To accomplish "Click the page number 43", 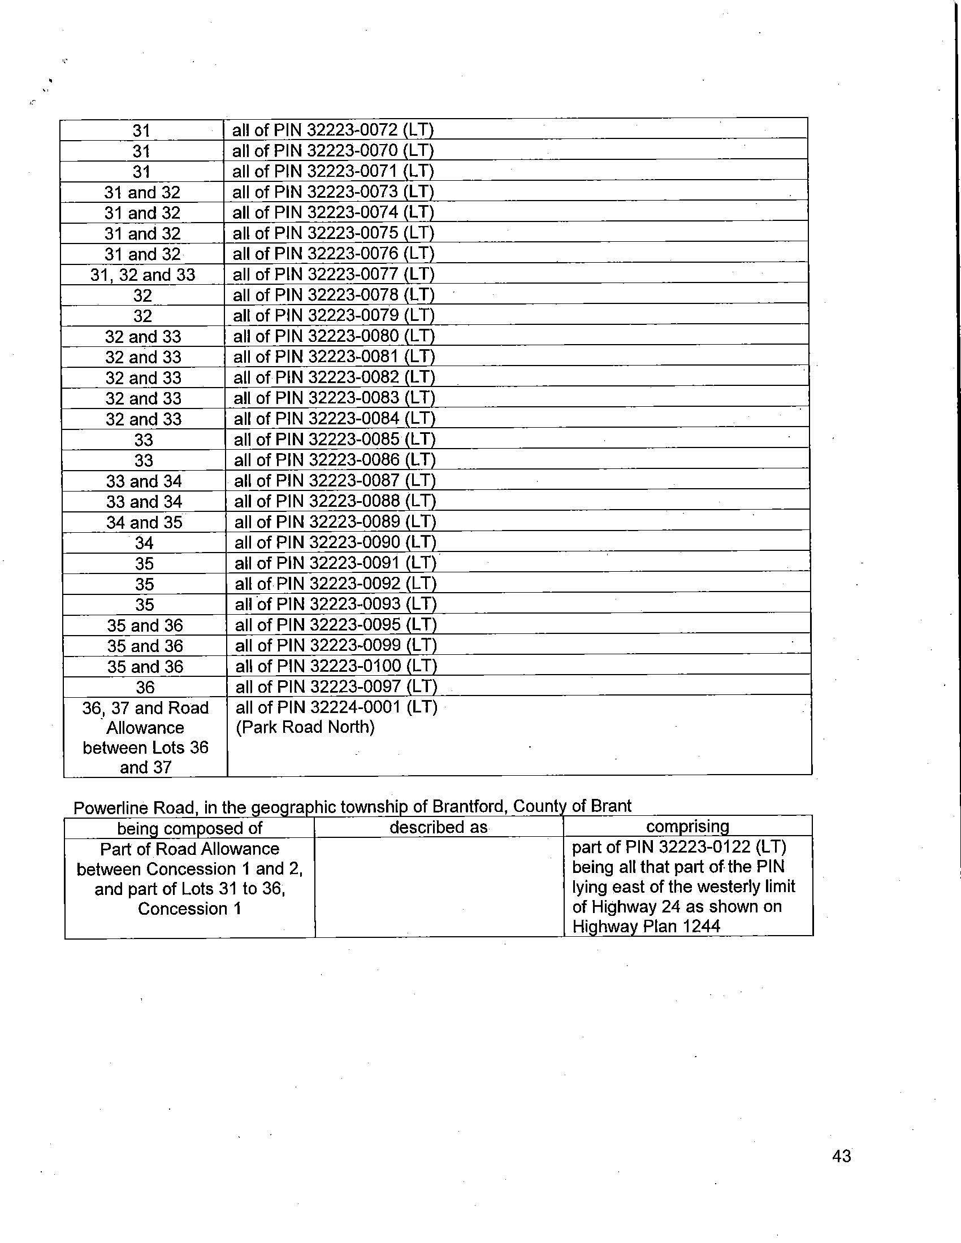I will tap(841, 1156).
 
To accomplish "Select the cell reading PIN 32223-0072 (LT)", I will tap(332, 131).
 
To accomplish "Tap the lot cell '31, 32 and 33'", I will tap(143, 276).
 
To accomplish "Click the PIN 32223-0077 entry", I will tap(334, 275).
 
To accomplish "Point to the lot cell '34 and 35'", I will tap(144, 523).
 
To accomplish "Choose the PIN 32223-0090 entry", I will tap(335, 542).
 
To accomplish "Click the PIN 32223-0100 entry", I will tap(335, 666).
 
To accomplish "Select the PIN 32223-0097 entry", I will tap(335, 686).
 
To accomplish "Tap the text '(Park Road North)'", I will tap(305, 727).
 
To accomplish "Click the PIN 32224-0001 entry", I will tap(336, 707).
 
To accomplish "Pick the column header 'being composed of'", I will tap(189, 828).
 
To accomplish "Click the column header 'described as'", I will tap(438, 827).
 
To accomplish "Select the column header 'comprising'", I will tap(687, 826).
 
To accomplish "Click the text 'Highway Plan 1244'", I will tap(646, 927).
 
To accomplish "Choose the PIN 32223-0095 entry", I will tap(335, 625).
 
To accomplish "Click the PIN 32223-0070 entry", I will tap(332, 151).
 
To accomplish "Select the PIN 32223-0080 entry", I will tap(334, 336).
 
